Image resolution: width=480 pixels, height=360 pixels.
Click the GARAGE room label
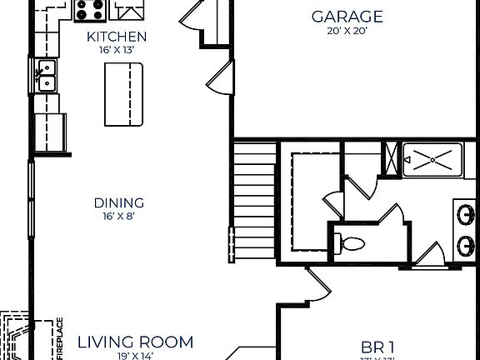pyautogui.click(x=347, y=17)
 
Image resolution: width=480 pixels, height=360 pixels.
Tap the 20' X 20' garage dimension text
pyautogui.click(x=347, y=32)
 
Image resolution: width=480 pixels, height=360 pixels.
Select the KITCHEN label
pyautogui.click(x=117, y=37)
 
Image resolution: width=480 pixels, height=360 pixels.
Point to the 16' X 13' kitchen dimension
pyautogui.click(x=117, y=50)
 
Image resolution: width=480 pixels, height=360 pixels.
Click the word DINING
pyautogui.click(x=118, y=202)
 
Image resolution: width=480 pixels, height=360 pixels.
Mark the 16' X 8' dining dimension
pyautogui.click(x=118, y=217)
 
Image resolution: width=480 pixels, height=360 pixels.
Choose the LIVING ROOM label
pyautogui.click(x=135, y=342)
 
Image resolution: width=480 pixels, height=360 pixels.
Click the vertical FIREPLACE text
pyautogui.click(x=59, y=339)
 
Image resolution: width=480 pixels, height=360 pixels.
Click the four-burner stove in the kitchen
pyautogui.click(x=90, y=10)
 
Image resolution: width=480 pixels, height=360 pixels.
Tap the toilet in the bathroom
pyautogui.click(x=351, y=244)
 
